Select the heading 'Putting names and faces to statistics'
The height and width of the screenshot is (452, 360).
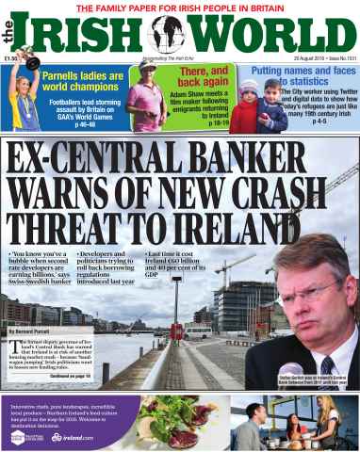coord(303,78)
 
